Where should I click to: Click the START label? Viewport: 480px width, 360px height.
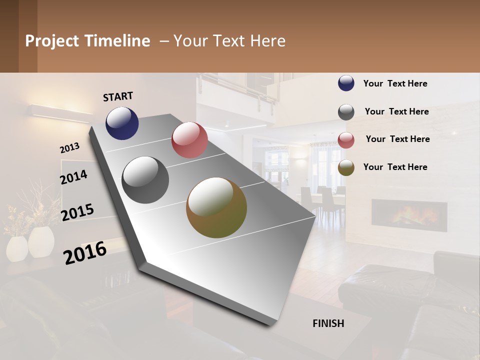coord(118,96)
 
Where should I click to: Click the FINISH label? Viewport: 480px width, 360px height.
coord(328,323)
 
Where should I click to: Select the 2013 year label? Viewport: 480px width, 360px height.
coord(69,148)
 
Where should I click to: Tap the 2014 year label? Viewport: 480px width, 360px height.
coord(73,177)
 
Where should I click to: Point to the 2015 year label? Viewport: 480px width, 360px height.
coord(77,212)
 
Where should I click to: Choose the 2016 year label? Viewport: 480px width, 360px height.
coord(85,252)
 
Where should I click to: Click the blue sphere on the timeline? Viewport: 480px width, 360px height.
coord(122,123)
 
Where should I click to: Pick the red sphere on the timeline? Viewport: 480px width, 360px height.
coord(189,140)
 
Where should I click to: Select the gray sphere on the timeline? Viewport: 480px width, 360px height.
coord(145,180)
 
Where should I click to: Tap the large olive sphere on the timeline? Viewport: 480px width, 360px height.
coord(216,207)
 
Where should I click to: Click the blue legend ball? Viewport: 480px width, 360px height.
coord(346,83)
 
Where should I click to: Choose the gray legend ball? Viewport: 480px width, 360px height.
coord(346,112)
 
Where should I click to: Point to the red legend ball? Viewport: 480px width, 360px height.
coord(346,140)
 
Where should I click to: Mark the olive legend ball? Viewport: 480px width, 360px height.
coord(346,167)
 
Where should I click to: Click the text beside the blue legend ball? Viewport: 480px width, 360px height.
coord(395,83)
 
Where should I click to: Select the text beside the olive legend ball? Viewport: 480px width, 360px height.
coord(395,167)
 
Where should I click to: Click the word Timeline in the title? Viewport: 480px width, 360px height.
coord(117,41)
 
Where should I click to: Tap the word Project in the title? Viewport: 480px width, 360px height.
coord(52,41)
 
